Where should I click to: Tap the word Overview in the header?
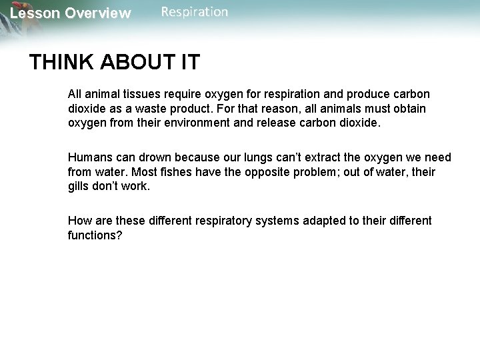tap(97, 13)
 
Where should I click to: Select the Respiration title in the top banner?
tap(194, 12)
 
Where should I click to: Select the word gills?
tap(79, 187)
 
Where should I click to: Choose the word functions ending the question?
tap(94, 235)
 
